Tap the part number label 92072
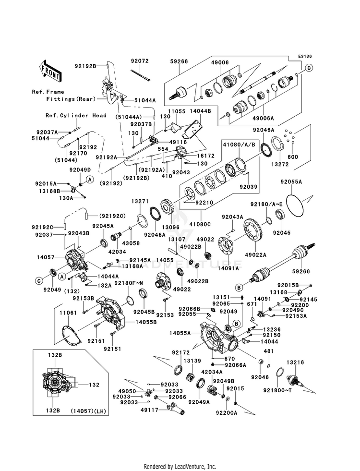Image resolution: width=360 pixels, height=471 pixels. pyautogui.click(x=140, y=61)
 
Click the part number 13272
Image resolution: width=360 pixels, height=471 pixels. pyautogui.click(x=280, y=164)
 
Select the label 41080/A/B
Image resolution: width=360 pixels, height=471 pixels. pyautogui.click(x=239, y=145)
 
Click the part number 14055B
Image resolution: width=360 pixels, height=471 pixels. pyautogui.click(x=146, y=322)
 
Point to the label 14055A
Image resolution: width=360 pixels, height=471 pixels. pyautogui.click(x=180, y=333)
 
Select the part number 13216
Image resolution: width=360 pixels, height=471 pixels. pyautogui.click(x=295, y=362)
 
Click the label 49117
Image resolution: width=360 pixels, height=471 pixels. pyautogui.click(x=150, y=410)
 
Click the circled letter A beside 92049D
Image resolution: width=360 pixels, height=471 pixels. pyautogui.click(x=90, y=180)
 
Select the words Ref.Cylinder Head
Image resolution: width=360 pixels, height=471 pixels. pyautogui.click(x=76, y=115)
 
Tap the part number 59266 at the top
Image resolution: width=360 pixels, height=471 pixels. pyautogui.click(x=179, y=61)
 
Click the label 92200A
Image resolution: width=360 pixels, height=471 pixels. pyautogui.click(x=227, y=413)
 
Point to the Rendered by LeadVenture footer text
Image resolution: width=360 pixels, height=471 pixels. pyautogui.click(x=180, y=467)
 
